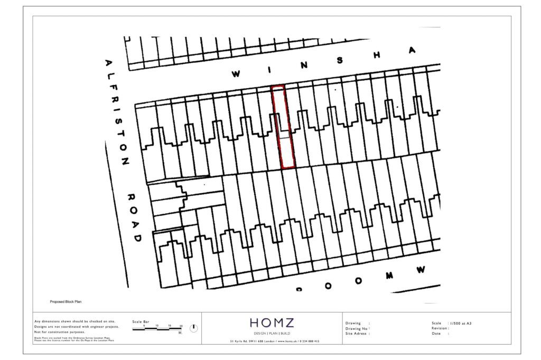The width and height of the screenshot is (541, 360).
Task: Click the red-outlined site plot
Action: (x=283, y=127)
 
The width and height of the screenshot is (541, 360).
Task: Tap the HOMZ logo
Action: (x=272, y=323)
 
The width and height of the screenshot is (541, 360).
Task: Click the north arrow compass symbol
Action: (x=193, y=328)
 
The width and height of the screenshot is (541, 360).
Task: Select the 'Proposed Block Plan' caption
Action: (x=66, y=302)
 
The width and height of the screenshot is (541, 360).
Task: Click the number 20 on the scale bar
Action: (x=181, y=326)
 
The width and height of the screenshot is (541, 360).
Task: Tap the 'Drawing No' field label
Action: (x=357, y=328)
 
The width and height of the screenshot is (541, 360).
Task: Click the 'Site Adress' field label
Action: (x=357, y=334)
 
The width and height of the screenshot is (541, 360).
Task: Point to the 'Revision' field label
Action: (x=440, y=328)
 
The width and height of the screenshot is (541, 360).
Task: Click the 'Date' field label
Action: (x=436, y=334)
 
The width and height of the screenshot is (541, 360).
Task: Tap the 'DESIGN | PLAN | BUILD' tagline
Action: (x=272, y=334)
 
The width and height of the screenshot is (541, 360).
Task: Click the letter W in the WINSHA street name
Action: (x=236, y=74)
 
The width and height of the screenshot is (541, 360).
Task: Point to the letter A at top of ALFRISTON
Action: (x=109, y=64)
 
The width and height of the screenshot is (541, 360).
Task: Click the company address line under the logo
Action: (x=274, y=342)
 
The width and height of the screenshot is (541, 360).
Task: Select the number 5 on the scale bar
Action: (x=145, y=326)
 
